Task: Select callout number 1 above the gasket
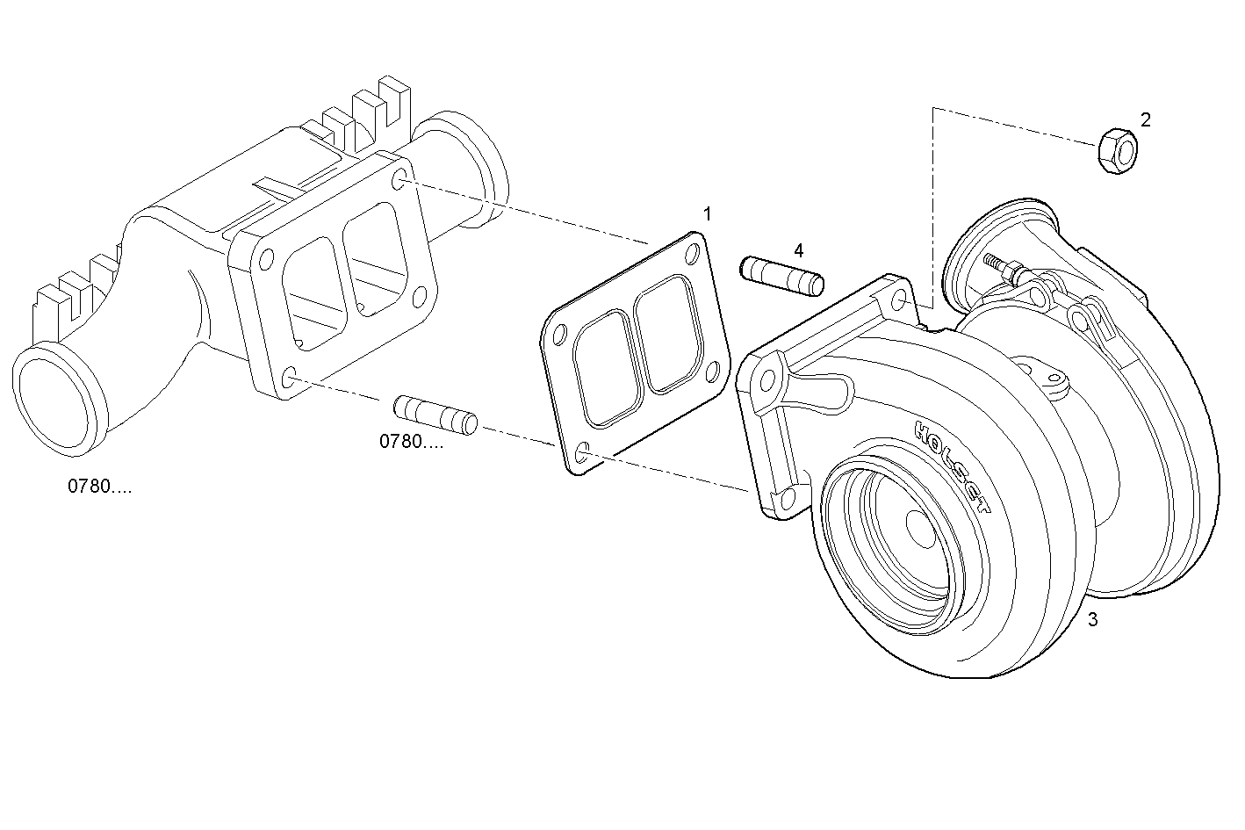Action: point(707,213)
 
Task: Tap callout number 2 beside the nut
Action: point(1145,119)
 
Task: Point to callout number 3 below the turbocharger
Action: point(1092,619)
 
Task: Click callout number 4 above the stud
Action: point(798,250)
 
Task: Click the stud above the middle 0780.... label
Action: point(435,415)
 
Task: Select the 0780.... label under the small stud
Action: point(411,442)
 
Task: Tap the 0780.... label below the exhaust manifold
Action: point(100,486)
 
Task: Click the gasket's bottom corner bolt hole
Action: point(580,454)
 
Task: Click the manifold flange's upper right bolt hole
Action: point(400,182)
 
